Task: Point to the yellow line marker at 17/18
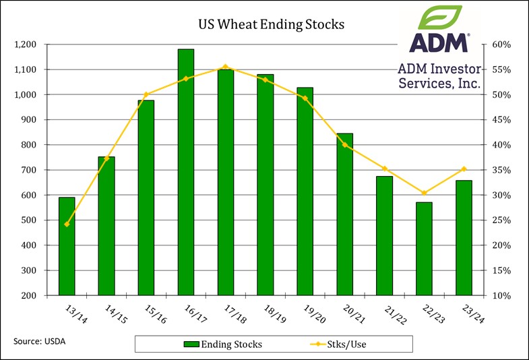(226, 67)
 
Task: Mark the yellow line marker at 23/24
(464, 169)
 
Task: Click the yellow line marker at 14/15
(107, 158)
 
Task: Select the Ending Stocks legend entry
(223, 344)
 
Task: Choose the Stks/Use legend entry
(337, 344)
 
